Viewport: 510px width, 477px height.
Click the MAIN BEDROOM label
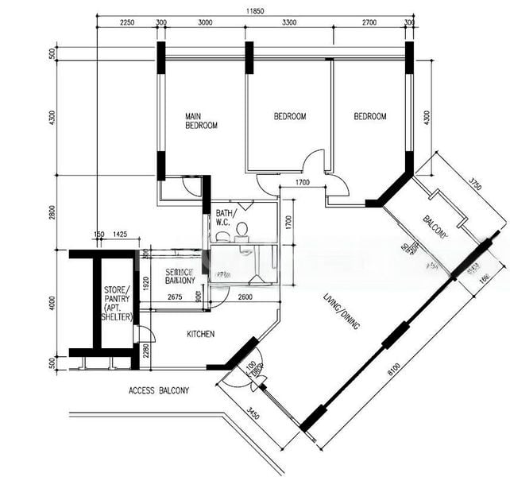201,120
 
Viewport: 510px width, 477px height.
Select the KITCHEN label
200,334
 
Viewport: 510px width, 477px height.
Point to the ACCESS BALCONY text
159,391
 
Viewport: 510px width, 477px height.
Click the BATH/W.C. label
223,218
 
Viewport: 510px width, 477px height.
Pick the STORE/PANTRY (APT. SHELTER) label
117,303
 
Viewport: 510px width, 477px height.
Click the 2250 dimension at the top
127,23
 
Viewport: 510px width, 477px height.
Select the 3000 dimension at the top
205,23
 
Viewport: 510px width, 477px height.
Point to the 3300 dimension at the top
290,23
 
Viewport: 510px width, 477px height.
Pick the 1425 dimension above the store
120,235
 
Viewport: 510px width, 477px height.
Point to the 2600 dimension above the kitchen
245,297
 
